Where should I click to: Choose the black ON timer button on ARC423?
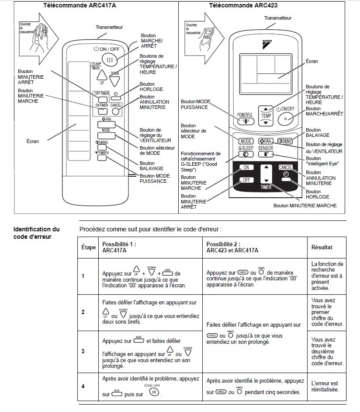[246, 168]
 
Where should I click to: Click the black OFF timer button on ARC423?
[246, 180]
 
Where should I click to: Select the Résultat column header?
[322, 247]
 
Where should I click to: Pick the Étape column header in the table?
[89, 247]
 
